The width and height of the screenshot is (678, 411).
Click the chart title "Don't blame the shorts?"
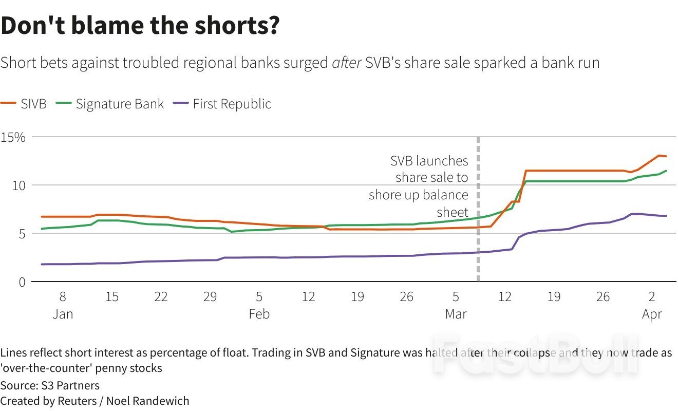(140, 26)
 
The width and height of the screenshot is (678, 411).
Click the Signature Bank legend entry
(110, 104)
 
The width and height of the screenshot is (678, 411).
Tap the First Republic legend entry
(223, 104)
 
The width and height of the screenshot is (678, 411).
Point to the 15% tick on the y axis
(13, 137)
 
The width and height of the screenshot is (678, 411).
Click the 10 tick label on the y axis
(19, 185)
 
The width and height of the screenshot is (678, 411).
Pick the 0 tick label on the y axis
(22, 282)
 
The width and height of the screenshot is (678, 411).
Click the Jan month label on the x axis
(63, 314)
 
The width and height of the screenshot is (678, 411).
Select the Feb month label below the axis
(259, 314)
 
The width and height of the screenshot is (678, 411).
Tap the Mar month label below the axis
(456, 314)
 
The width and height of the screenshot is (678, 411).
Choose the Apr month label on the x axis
(652, 314)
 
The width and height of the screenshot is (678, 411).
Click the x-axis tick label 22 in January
(161, 297)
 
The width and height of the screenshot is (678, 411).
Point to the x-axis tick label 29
(210, 297)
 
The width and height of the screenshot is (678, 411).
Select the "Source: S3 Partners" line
(50, 385)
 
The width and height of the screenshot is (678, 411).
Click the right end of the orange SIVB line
(666, 156)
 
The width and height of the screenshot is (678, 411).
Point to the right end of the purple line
(666, 216)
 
